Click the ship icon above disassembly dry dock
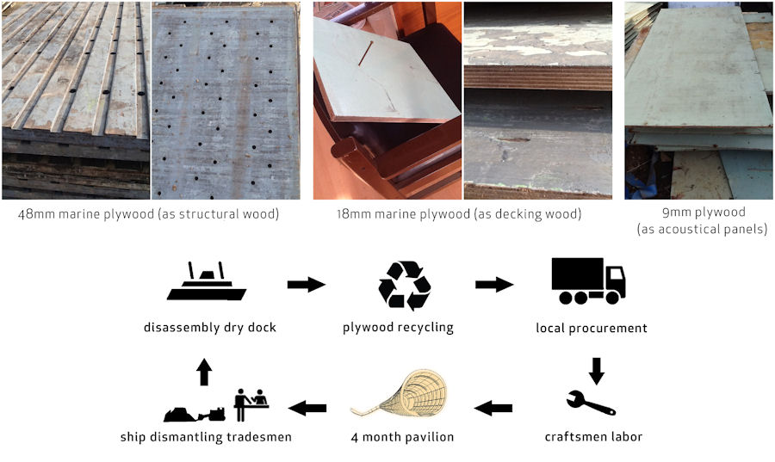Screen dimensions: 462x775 tap(207, 284)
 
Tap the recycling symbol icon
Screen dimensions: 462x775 tap(404, 285)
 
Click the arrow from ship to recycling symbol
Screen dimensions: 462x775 tap(306, 284)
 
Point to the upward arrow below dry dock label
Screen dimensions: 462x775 tap(203, 372)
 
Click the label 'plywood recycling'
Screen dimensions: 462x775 tap(398, 328)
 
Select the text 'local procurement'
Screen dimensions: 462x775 tap(591, 328)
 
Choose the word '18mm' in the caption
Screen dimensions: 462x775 tap(355, 213)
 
